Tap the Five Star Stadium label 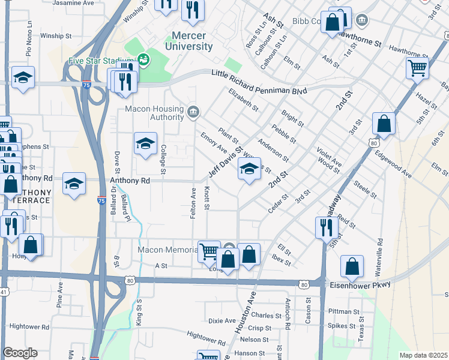point(100,61)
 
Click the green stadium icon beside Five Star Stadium point(143,59)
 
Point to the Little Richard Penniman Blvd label point(259,82)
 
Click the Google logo point(20,352)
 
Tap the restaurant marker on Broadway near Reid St point(325,227)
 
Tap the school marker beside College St point(145,143)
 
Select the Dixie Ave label point(221,320)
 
